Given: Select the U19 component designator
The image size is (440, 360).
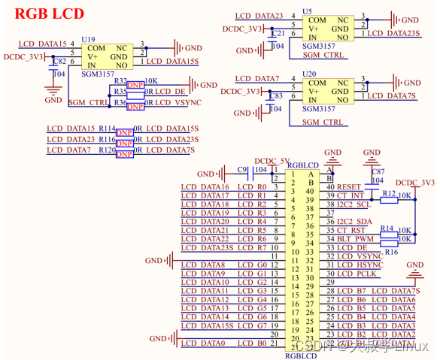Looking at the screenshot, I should (x=89, y=38).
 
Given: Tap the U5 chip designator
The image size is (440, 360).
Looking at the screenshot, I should (x=307, y=12).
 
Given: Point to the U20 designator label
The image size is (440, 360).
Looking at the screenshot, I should (x=308, y=74).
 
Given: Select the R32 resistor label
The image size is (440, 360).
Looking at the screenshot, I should (x=120, y=80).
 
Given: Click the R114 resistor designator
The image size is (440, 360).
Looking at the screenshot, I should (x=106, y=129).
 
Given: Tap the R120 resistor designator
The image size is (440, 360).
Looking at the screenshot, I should (x=106, y=150).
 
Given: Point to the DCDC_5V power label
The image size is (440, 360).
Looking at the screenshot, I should (x=272, y=160).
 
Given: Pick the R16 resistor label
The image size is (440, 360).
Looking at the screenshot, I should (x=391, y=253).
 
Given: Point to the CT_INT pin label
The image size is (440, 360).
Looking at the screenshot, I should (x=350, y=195).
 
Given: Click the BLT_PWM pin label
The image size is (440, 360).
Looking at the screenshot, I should (x=354, y=238).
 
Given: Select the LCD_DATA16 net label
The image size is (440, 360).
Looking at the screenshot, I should (x=205, y=187).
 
